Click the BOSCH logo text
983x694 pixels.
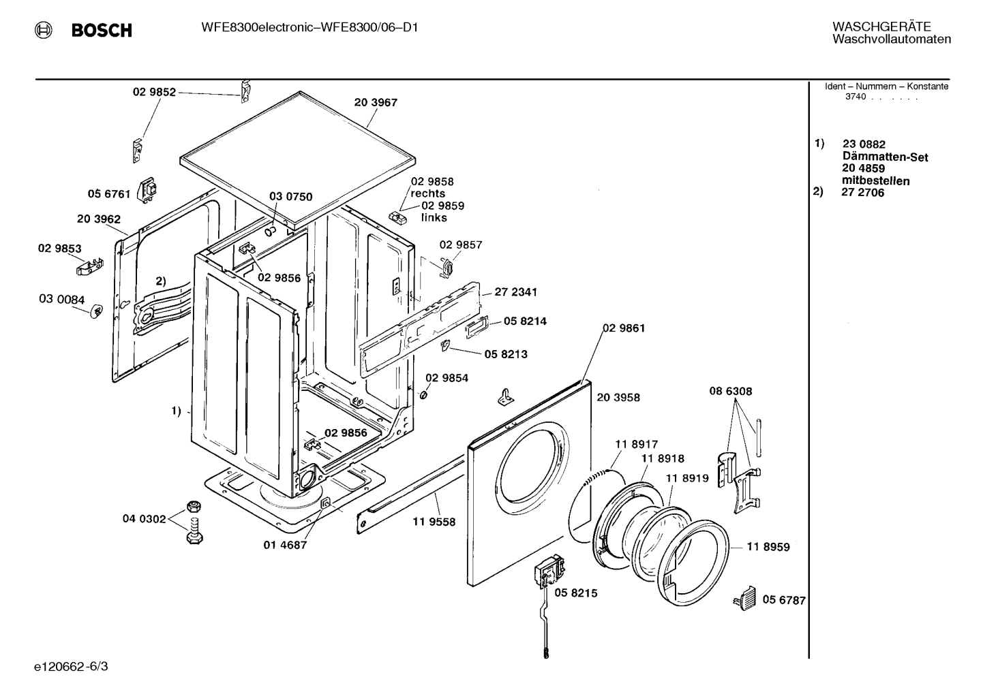coord(102,31)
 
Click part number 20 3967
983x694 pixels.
coord(376,103)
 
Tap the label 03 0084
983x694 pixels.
coord(62,300)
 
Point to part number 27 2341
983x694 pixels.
coord(515,292)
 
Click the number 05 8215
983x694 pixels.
coord(575,593)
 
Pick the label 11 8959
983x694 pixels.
coord(768,547)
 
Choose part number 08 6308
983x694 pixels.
coord(730,392)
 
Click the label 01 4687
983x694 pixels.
coord(285,545)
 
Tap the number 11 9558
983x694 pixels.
coord(434,522)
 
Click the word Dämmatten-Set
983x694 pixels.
coord(885,157)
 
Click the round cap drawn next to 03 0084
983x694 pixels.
coord(96,311)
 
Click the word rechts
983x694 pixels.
coord(427,193)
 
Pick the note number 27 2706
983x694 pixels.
coord(862,193)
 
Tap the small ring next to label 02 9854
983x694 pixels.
coord(423,395)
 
